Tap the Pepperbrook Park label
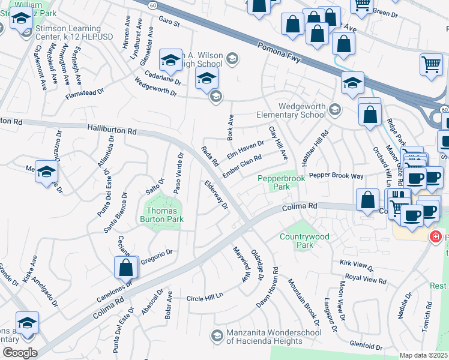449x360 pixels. [282, 182]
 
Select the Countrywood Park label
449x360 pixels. [304, 241]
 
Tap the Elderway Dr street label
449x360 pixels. [216, 196]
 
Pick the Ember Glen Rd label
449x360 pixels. [242, 167]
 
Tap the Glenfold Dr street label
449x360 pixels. [366, 346]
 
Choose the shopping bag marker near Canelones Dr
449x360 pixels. [126, 268]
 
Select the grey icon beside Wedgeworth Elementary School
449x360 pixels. [335, 109]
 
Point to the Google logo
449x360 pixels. [19, 353]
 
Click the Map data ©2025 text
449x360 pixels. [423, 355]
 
